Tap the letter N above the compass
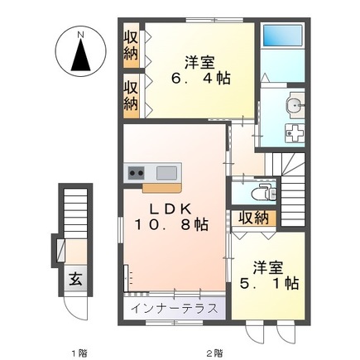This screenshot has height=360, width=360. (x=81, y=35)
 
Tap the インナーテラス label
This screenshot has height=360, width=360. (x=174, y=308)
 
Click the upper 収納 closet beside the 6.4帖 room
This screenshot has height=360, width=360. (x=131, y=46)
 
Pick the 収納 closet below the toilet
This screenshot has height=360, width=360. (x=254, y=218)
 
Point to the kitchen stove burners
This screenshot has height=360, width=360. (x=136, y=173)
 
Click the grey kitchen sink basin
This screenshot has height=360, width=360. (x=166, y=173)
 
